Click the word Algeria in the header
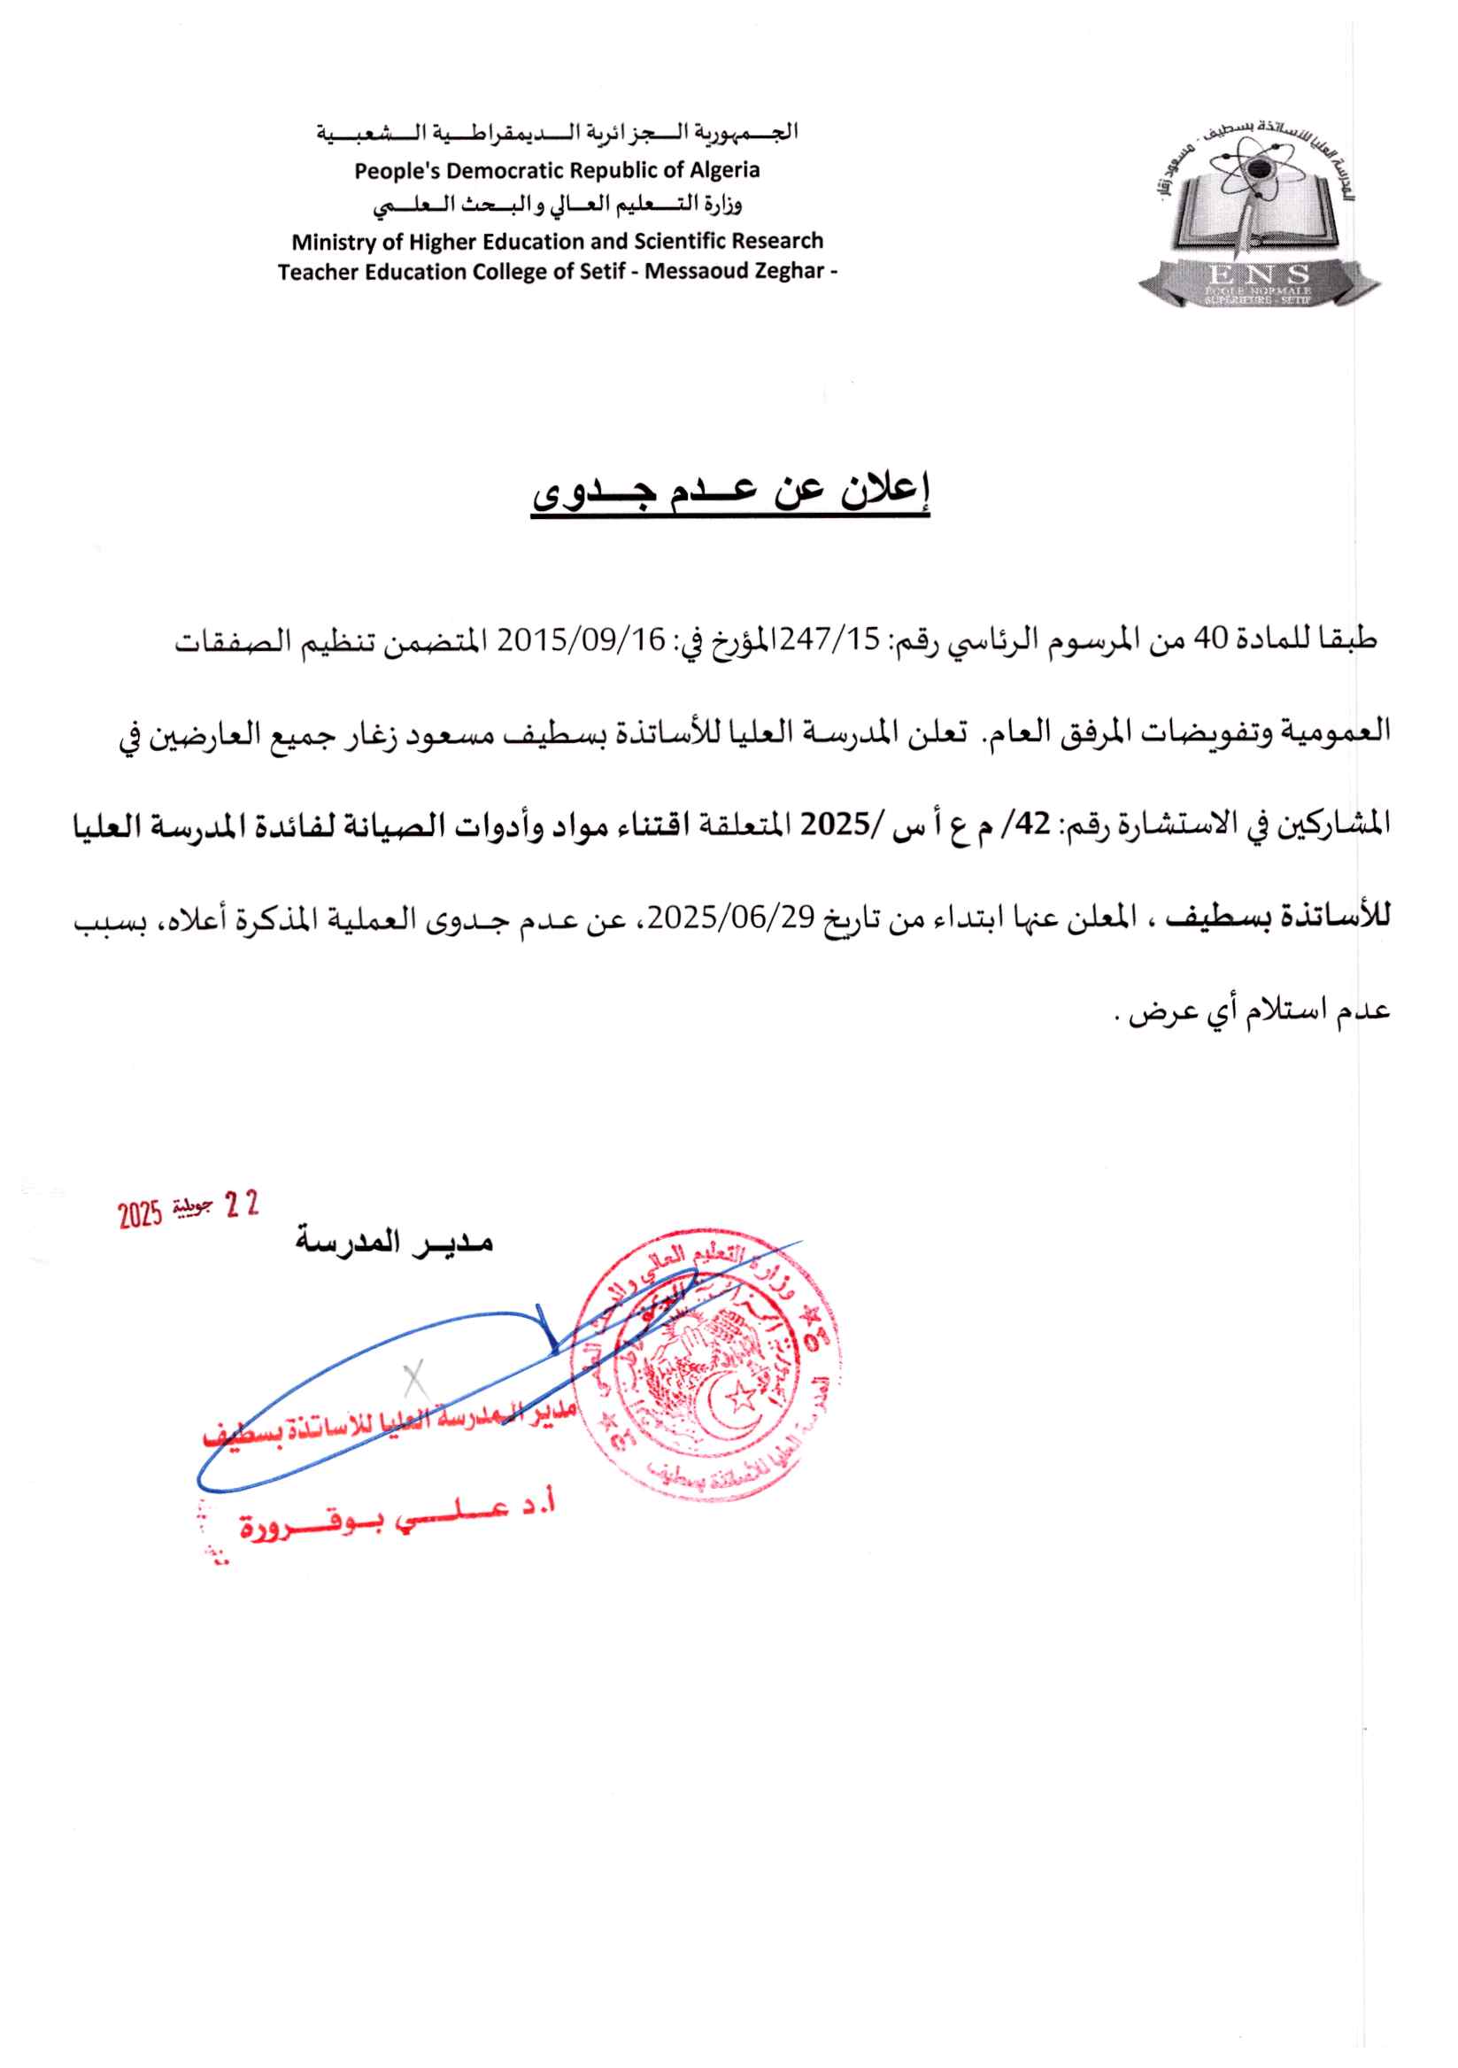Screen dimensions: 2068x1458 [x=725, y=170]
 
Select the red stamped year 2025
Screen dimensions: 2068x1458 [x=140, y=1216]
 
